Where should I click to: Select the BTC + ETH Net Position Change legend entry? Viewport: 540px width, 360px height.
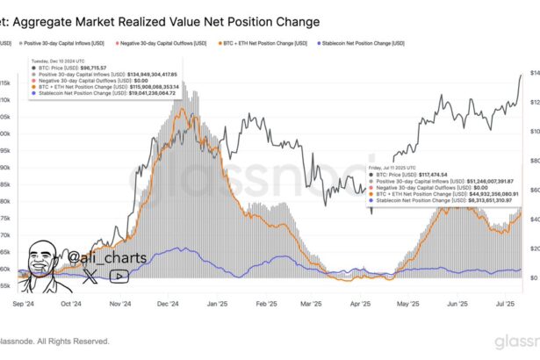click(263, 43)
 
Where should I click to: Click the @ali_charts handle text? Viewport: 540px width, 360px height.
click(109, 234)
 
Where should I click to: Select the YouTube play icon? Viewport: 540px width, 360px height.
click(120, 252)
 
